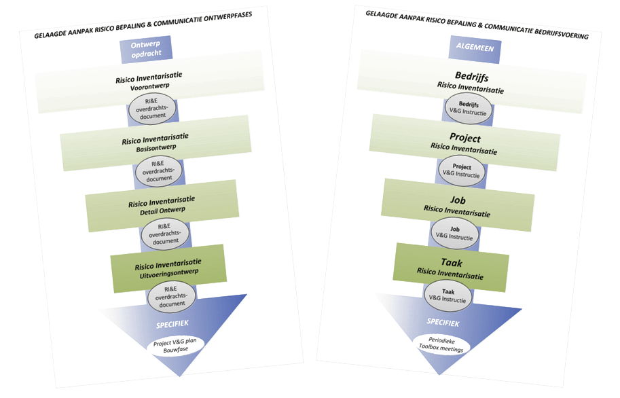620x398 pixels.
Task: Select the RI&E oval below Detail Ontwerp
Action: [x=164, y=233]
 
